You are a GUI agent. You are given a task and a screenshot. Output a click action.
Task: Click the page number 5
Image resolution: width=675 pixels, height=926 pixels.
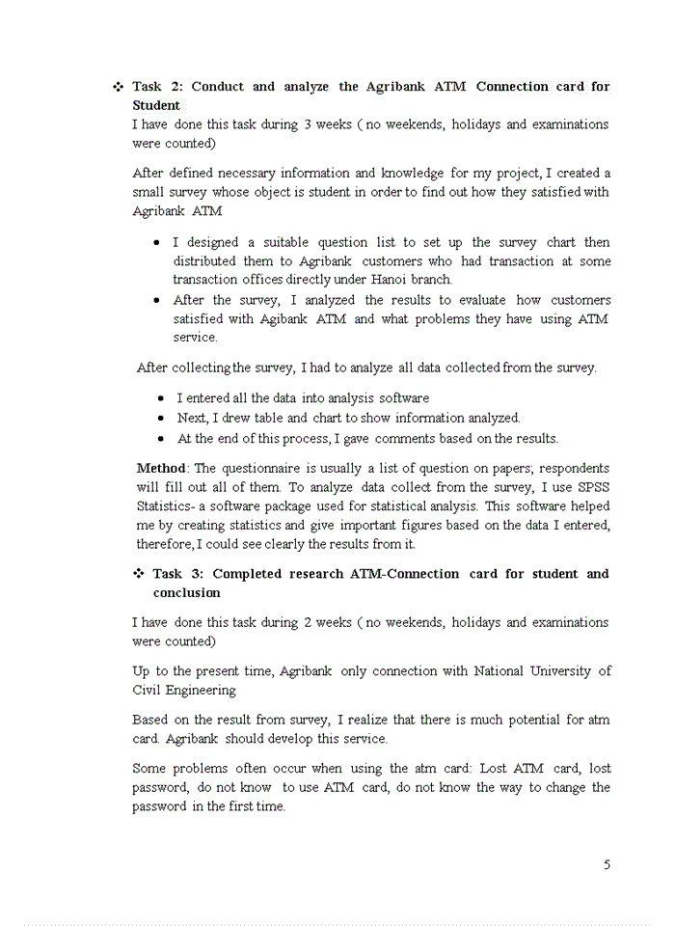pos(607,864)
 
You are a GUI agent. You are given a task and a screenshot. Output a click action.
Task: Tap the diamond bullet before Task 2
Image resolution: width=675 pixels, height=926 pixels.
pos(118,87)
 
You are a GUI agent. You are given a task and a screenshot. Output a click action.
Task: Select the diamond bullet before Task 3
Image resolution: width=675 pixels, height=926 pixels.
pos(139,574)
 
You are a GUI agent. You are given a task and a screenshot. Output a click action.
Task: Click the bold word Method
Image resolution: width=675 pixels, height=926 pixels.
pos(160,468)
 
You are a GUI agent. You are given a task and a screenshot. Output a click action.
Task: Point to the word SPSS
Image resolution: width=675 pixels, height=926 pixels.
pos(592,487)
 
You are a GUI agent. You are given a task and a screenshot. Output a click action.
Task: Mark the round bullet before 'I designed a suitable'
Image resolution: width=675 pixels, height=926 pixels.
pos(156,243)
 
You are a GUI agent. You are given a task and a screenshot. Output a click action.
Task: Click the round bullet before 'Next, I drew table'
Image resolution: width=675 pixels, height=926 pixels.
pos(161,419)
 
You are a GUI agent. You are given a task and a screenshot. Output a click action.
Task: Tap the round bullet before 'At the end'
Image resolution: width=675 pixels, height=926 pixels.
pos(161,439)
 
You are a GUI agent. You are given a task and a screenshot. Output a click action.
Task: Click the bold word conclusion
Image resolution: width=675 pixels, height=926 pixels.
pos(186,593)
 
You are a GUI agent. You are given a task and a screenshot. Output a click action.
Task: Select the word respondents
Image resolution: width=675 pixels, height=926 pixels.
pos(573,468)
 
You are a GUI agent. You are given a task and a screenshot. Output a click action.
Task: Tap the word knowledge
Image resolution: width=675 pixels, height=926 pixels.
pos(412,174)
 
